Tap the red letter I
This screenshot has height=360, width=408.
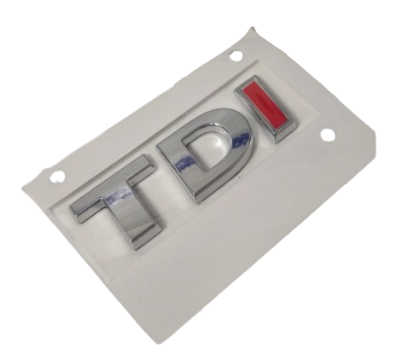click(x=267, y=108)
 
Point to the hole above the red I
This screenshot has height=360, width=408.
click(x=235, y=55)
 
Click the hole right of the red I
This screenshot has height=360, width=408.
click(x=328, y=134)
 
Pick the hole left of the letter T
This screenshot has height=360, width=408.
click(x=55, y=176)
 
